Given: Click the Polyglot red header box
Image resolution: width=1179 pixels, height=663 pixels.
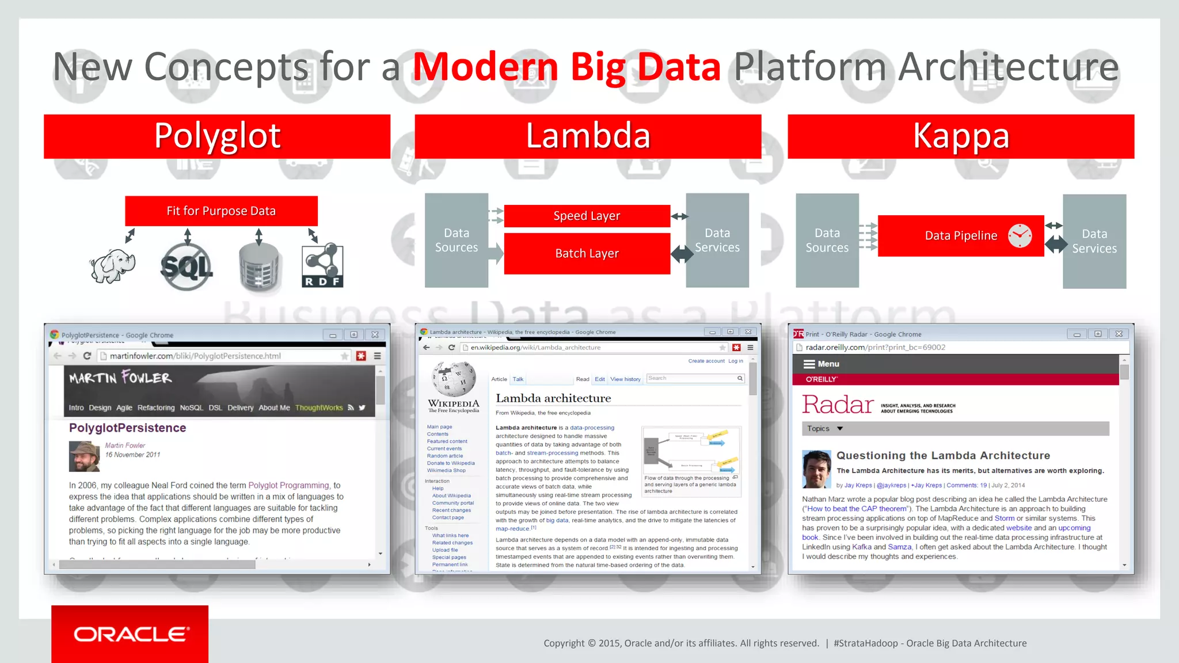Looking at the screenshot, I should [x=217, y=136].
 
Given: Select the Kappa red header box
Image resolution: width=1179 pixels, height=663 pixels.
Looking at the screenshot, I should [x=960, y=136].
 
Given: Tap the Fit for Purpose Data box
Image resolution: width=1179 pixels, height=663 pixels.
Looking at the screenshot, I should [x=221, y=211].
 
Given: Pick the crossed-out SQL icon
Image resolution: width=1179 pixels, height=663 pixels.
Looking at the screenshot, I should [x=187, y=266].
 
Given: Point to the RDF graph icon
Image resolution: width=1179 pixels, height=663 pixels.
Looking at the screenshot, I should [x=322, y=266].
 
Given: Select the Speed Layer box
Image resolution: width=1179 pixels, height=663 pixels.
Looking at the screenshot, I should [x=587, y=216].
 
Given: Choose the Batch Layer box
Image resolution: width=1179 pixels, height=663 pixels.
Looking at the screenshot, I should [x=587, y=253].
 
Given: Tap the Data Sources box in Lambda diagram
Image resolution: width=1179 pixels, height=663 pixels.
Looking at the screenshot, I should [x=456, y=241].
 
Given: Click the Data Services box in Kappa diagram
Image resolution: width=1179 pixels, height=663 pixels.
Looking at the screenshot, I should [x=1094, y=241].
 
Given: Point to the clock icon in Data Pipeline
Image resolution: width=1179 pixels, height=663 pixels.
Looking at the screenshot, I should [x=1020, y=235].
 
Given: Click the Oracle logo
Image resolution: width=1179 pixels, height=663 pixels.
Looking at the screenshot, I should [x=130, y=634].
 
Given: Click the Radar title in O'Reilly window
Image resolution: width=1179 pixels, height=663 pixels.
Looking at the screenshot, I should [x=838, y=405].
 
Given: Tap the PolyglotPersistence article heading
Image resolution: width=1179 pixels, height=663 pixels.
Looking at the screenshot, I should [x=127, y=428].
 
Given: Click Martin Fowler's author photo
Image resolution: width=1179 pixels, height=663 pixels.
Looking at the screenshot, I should [x=84, y=456].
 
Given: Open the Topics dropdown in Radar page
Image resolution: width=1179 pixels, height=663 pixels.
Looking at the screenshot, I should [x=824, y=429].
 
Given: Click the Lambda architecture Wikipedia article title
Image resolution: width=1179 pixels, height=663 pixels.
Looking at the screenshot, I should [x=553, y=398].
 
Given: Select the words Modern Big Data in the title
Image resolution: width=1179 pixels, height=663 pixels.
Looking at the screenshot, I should [x=566, y=67].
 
